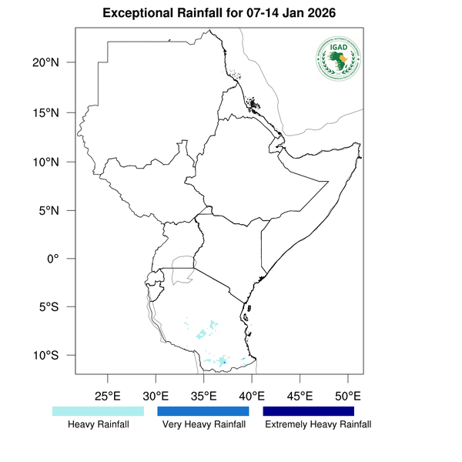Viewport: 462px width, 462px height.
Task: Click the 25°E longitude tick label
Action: click(107, 397)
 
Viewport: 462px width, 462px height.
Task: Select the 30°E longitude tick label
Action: click(156, 397)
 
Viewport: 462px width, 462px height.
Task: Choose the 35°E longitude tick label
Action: click(203, 397)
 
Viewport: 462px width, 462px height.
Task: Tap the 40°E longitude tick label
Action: click(252, 397)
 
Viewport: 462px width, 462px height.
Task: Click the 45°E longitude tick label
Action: click(300, 397)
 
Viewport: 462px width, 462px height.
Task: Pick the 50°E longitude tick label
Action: click(348, 397)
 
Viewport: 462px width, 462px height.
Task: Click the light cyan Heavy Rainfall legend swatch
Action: click(98, 411)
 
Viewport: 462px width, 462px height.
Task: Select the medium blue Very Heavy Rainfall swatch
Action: click(203, 411)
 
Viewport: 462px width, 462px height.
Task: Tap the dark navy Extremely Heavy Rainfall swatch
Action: click(309, 411)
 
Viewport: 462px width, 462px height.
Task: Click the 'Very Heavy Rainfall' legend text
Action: click(203, 425)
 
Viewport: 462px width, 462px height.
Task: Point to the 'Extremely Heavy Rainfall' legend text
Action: click(317, 425)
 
